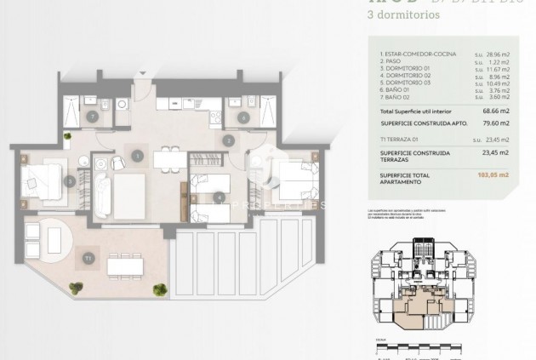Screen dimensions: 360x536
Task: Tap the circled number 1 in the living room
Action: [x=138, y=155]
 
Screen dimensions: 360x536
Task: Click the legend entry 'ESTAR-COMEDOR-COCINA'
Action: [x=413, y=53]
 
